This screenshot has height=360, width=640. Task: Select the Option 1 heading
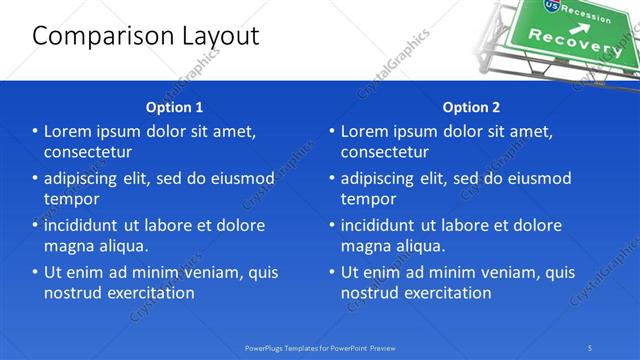(174, 107)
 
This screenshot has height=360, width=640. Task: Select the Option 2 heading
(471, 107)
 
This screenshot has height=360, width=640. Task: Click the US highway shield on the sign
(553, 6)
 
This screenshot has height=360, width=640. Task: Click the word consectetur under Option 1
(88, 152)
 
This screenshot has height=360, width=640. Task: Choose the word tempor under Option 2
(368, 199)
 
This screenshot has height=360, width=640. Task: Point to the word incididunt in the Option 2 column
(384, 225)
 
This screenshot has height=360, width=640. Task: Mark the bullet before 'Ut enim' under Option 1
(35, 272)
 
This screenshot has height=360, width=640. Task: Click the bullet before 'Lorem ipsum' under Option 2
(331, 131)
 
